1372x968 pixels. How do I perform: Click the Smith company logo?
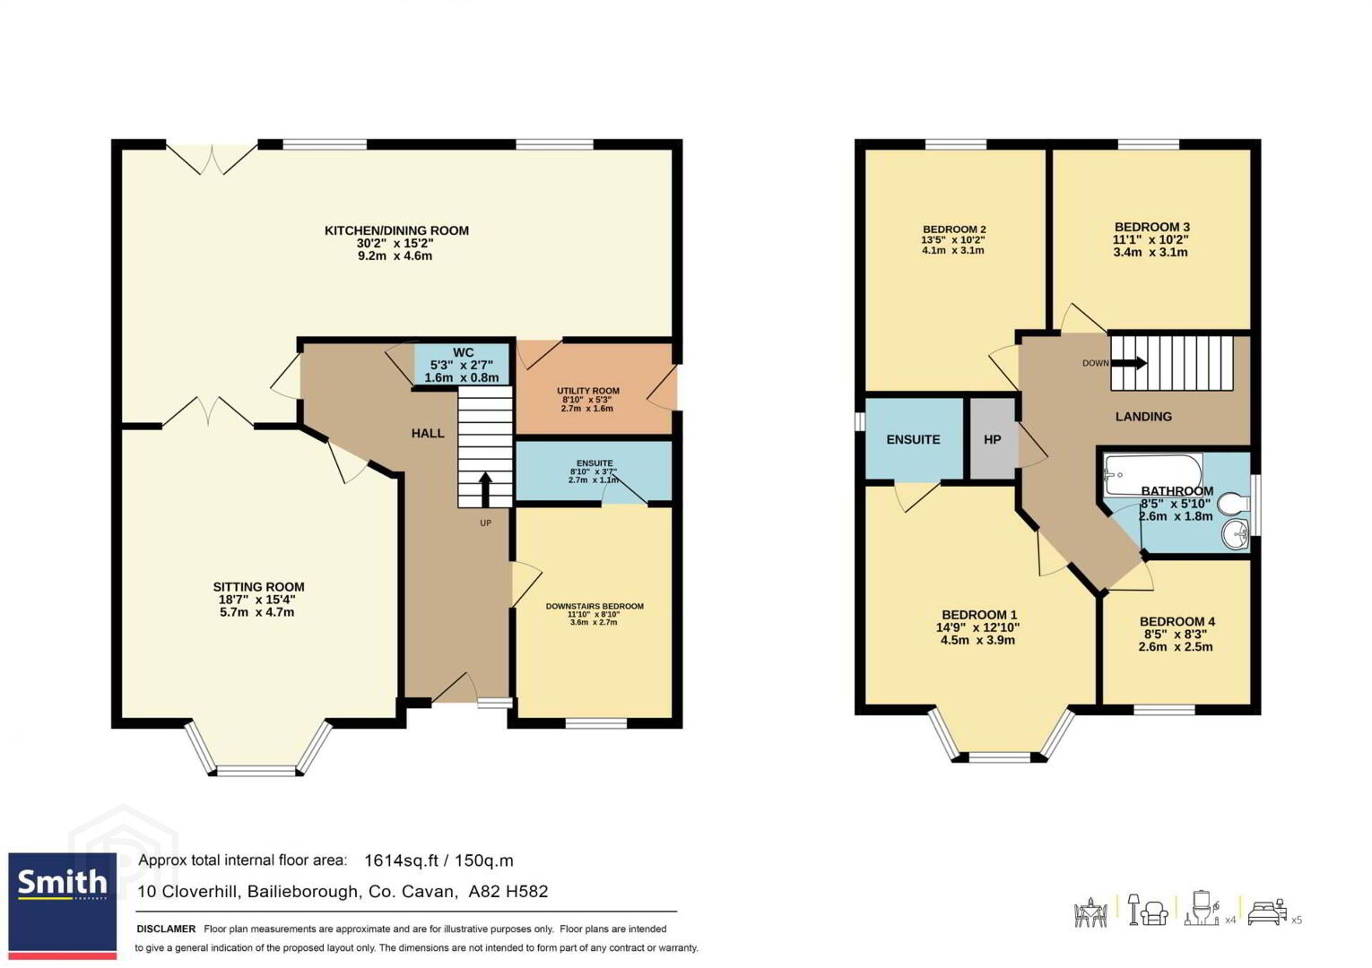tap(62, 905)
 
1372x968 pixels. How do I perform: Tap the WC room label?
tap(463, 352)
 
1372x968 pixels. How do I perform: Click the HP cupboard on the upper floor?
tap(993, 439)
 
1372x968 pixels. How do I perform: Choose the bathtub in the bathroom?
tap(1152, 474)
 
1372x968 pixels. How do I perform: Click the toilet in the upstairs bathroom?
tap(1233, 504)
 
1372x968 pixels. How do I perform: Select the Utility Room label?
tap(588, 391)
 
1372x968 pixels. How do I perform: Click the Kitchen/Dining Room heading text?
tap(396, 231)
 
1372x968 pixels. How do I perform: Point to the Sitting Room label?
tap(258, 586)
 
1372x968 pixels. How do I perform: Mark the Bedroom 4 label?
tap(1177, 621)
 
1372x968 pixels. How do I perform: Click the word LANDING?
tap(1143, 417)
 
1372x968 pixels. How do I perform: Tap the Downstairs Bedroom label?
tap(595, 606)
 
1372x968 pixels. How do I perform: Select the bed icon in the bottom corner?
tap(1267, 913)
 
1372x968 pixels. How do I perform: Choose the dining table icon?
tap(1090, 912)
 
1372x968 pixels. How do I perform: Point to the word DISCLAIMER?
tap(166, 929)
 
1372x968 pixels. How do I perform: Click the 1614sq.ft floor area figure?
tap(401, 860)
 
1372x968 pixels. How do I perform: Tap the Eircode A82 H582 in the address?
tap(508, 892)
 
